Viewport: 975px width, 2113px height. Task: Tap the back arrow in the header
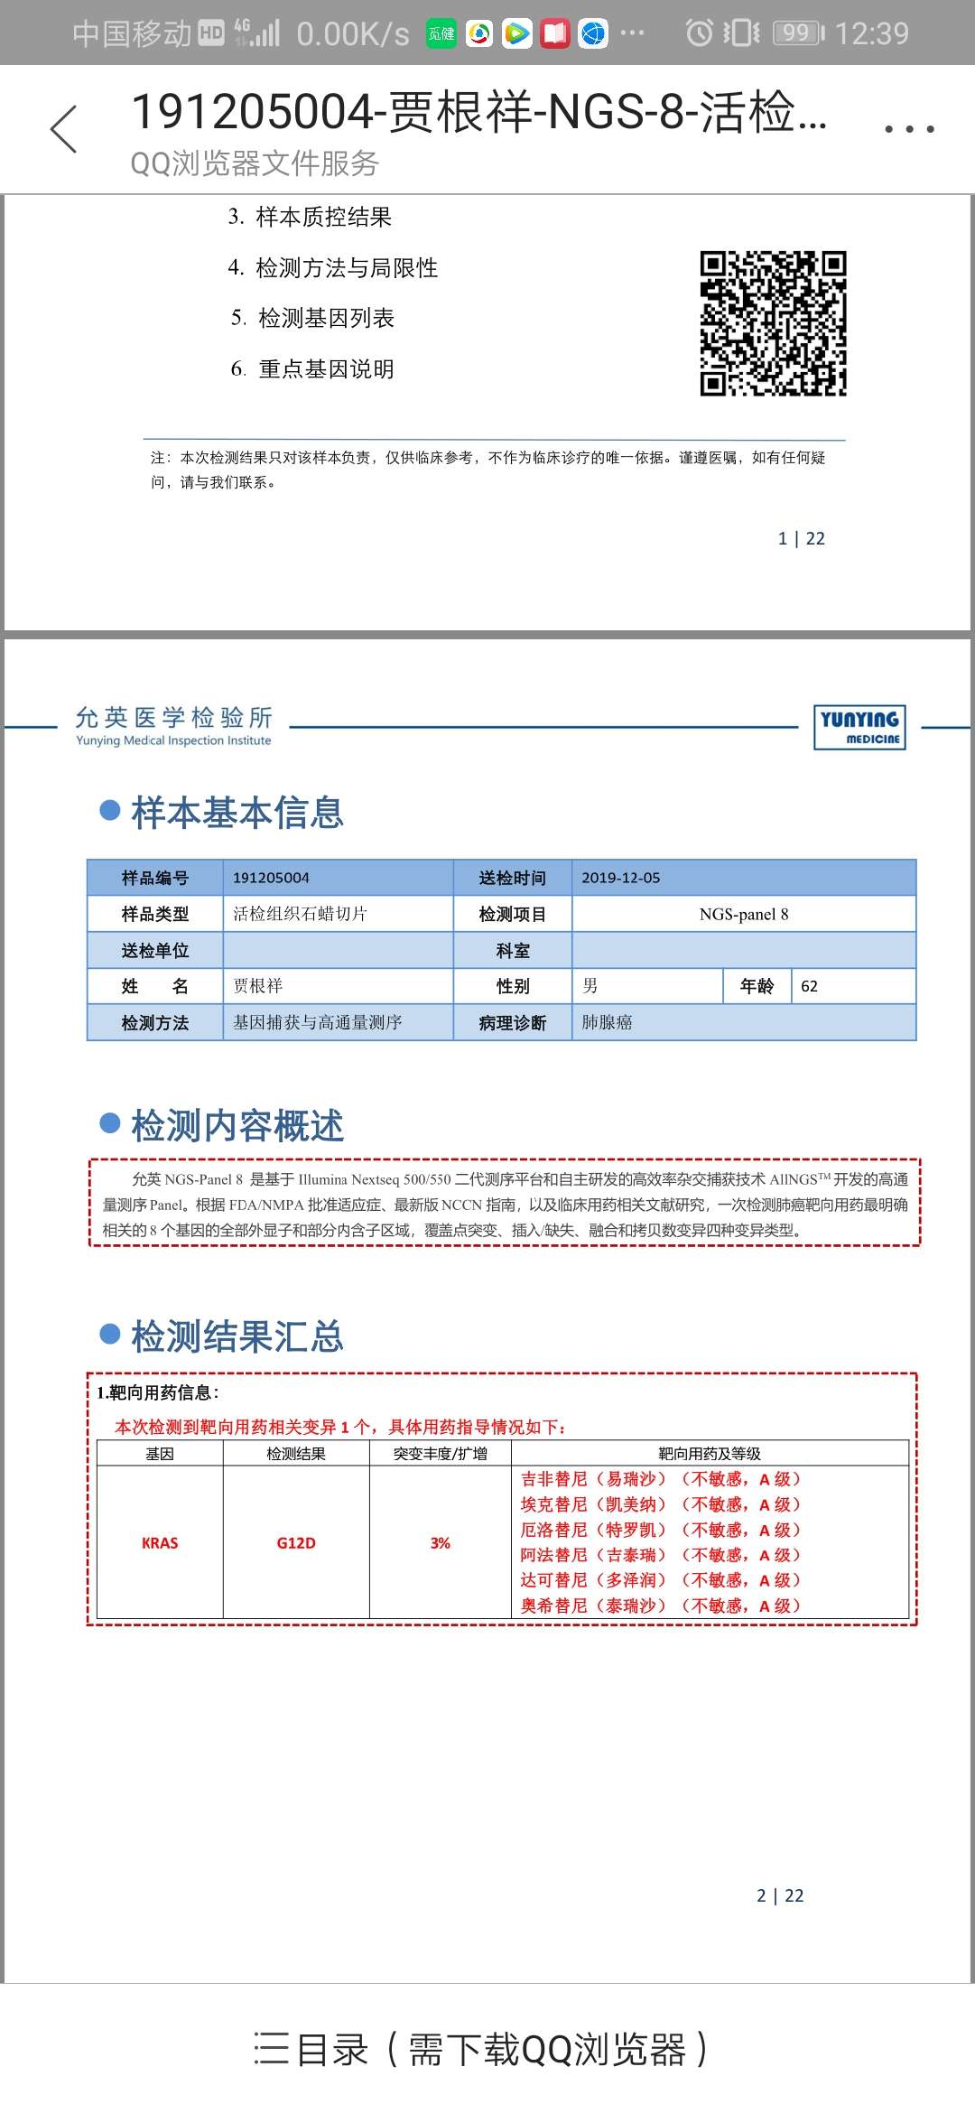(x=63, y=129)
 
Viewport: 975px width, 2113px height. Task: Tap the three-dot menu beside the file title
(x=909, y=129)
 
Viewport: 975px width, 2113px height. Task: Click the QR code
(x=773, y=323)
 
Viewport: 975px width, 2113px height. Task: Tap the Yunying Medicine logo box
(x=859, y=727)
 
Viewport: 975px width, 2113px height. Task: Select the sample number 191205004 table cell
(x=271, y=878)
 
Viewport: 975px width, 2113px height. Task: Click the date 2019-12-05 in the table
(x=621, y=878)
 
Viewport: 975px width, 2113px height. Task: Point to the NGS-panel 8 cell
(x=744, y=914)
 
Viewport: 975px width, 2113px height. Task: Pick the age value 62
(x=810, y=986)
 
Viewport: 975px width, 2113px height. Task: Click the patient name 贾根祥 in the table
(x=258, y=986)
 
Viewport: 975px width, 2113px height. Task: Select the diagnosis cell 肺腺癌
(x=607, y=1022)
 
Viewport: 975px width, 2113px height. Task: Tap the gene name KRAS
(x=160, y=1543)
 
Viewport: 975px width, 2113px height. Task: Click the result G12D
(x=296, y=1543)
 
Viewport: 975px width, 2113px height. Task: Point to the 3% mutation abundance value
(x=441, y=1543)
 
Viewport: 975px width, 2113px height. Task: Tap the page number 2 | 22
(x=780, y=1895)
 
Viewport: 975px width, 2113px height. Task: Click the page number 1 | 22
(x=802, y=539)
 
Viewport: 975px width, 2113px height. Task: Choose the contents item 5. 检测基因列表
(x=313, y=318)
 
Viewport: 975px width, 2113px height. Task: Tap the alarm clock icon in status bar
(x=700, y=33)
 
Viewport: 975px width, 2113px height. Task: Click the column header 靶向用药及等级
(x=710, y=1454)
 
